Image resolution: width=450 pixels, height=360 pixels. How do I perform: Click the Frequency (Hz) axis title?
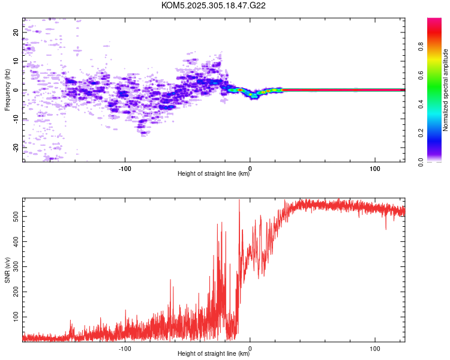[7, 90]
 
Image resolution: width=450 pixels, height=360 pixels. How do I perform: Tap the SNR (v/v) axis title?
[7, 270]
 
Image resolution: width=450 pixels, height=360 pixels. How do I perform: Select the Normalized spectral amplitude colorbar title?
[446, 90]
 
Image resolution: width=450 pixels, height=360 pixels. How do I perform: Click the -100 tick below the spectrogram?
[125, 168]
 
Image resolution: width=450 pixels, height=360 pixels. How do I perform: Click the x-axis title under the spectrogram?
[214, 174]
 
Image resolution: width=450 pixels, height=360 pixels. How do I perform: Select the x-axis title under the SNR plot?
[214, 354]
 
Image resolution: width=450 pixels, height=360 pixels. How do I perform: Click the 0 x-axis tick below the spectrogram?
[250, 168]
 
